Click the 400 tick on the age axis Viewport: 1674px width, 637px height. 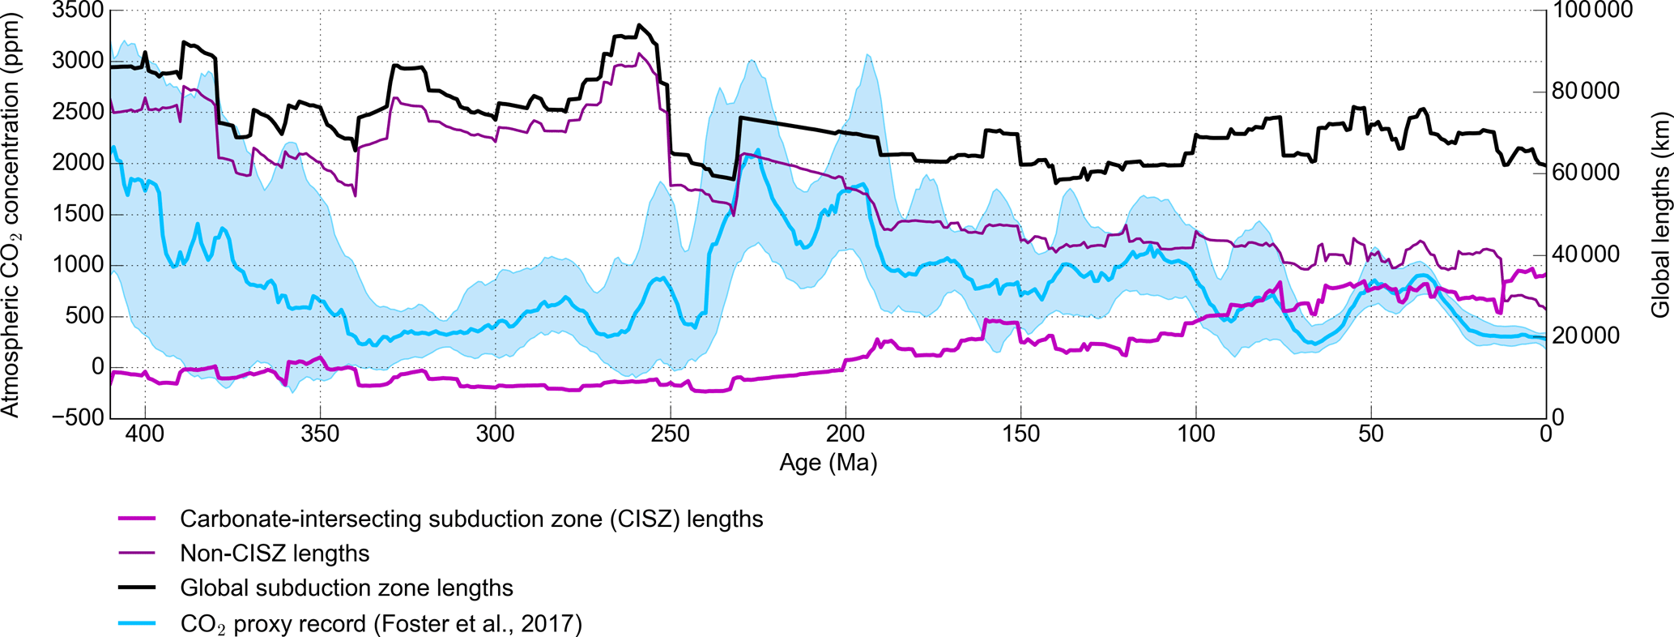(145, 434)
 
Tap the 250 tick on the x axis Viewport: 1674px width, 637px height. (671, 434)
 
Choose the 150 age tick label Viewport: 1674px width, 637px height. (1020, 434)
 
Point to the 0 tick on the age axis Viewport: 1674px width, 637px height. (1546, 434)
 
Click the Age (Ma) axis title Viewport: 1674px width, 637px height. (828, 463)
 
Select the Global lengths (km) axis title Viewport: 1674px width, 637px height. (1659, 215)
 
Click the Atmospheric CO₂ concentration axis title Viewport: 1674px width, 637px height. (11, 215)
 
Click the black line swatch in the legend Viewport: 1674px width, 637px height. (137, 588)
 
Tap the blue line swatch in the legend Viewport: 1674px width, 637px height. (137, 623)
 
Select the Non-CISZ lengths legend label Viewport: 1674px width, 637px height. (275, 554)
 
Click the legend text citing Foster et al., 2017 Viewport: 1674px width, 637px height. (381, 624)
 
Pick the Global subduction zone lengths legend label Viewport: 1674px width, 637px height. (347, 588)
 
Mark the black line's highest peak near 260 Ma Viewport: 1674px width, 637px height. (639, 25)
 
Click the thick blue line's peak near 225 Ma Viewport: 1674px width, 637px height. (757, 150)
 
